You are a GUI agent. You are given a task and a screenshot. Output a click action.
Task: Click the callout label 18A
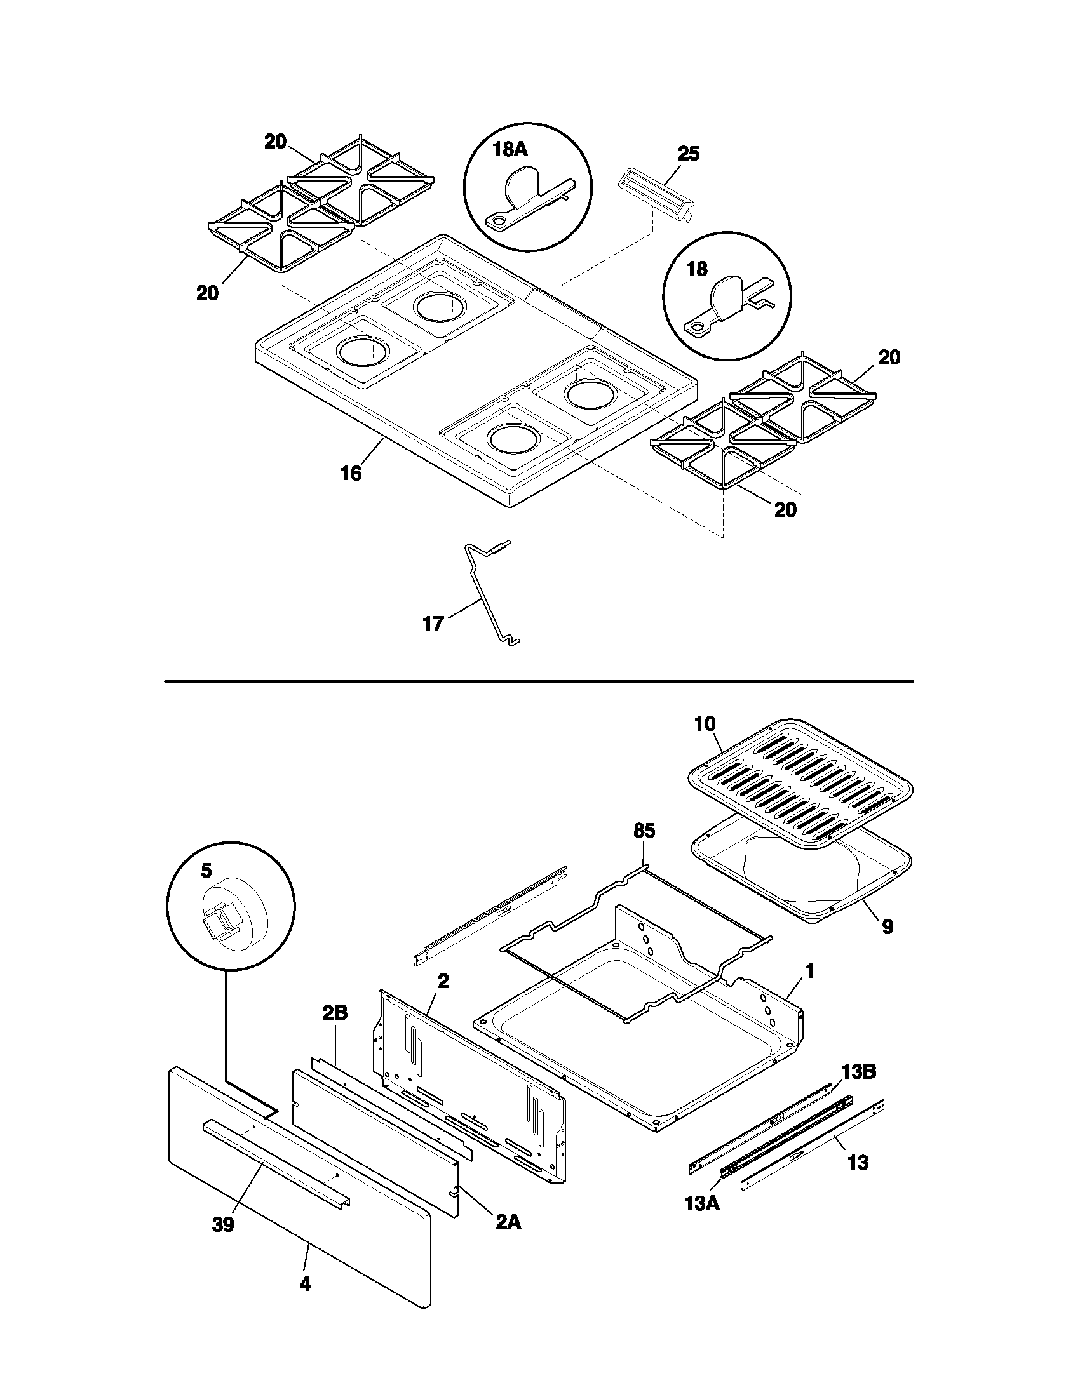coord(510,150)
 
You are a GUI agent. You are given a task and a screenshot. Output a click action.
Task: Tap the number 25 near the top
coord(689,154)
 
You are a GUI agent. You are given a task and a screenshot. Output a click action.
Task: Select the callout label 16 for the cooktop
coord(351,473)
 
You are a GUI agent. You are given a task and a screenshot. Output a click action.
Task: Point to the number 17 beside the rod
coord(433,624)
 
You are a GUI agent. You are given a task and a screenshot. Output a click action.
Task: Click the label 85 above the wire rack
coord(644,831)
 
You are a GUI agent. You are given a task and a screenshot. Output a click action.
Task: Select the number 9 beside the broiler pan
coord(888,927)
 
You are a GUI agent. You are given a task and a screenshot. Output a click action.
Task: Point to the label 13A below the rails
coord(702,1203)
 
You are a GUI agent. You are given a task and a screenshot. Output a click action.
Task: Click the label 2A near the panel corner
coord(508,1222)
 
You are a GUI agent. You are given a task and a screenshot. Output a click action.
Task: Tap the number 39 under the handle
coord(223,1225)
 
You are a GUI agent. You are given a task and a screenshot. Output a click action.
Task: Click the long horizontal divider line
coord(539,681)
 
